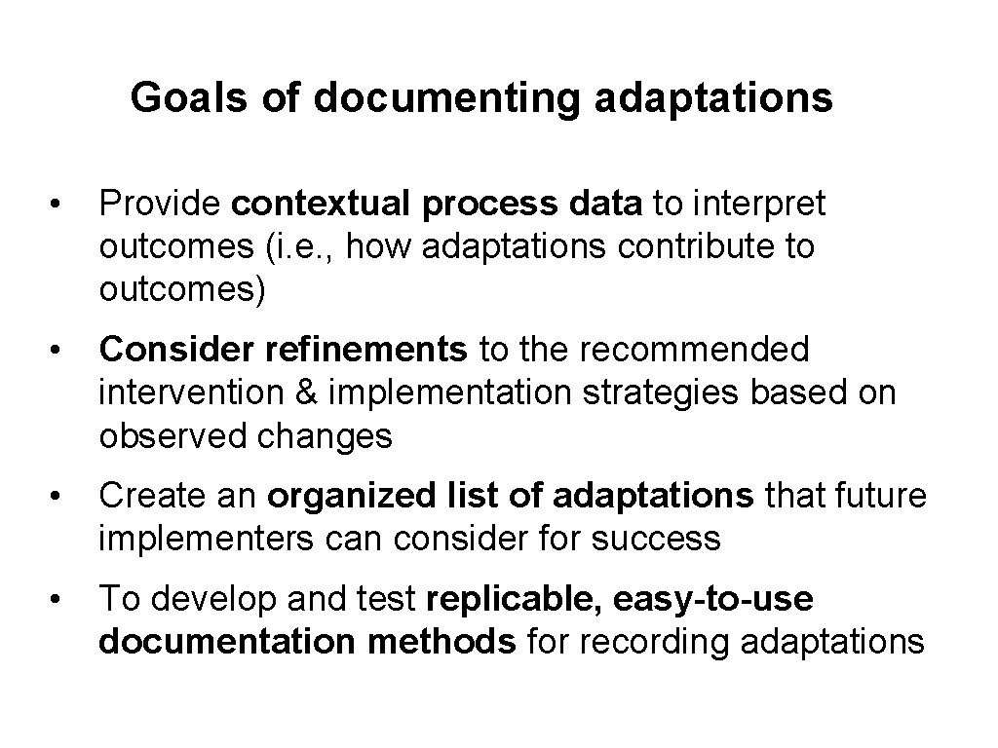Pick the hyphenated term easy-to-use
[713, 599]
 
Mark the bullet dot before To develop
[59, 600]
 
